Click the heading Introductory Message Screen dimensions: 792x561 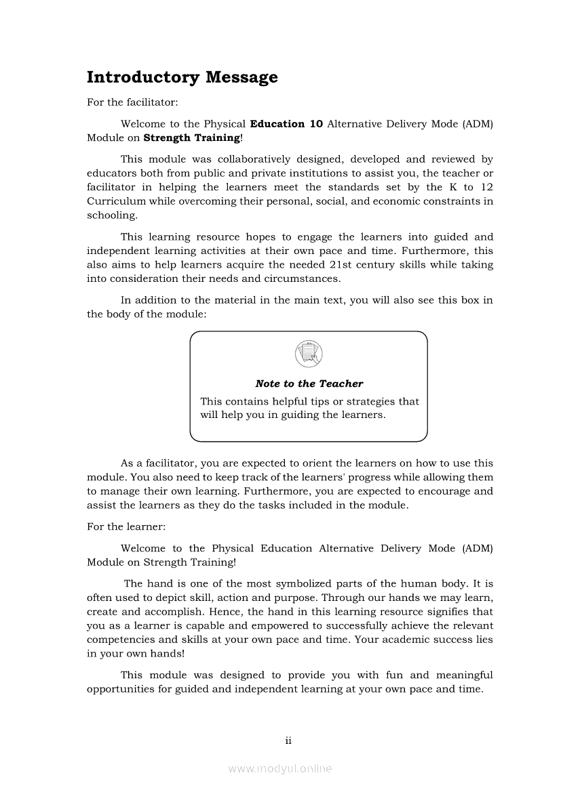coord(182,77)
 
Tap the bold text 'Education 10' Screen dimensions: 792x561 coord(286,124)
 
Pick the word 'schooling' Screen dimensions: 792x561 coord(111,215)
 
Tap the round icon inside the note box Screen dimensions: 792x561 coord(309,354)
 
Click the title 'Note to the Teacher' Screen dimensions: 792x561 coord(309,383)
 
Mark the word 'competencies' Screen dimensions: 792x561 coord(119,640)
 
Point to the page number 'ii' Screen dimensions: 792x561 coord(288,741)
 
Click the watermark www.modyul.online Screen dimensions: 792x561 coord(280,769)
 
